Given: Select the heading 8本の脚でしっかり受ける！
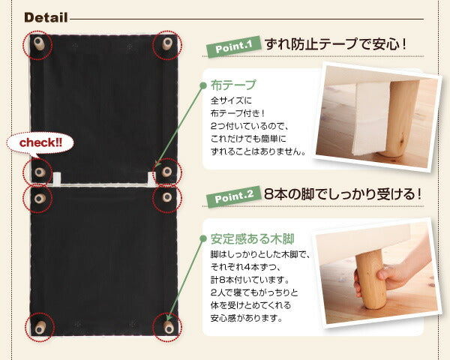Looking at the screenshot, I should click(342, 194).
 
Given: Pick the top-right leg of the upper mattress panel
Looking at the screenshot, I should click(166, 44).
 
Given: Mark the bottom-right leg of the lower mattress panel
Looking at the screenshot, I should click(166, 327).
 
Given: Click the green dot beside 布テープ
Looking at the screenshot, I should click(202, 85).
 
